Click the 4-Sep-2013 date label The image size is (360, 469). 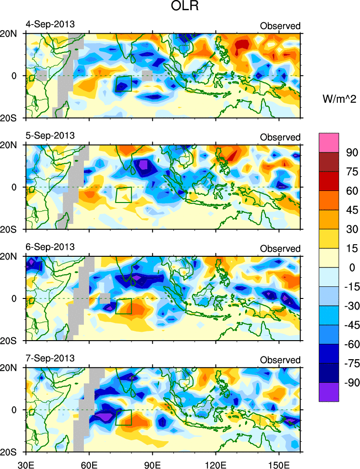(x=50, y=24)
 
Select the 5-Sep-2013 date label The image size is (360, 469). (x=50, y=136)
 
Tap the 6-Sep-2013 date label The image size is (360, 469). (x=50, y=247)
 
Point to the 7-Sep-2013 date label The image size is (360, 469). (x=50, y=359)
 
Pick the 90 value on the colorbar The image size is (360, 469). (x=350, y=152)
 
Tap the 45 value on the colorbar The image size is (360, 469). (x=350, y=209)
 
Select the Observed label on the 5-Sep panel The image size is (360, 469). (x=280, y=138)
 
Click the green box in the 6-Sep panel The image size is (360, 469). (x=124, y=306)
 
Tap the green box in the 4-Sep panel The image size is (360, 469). (x=124, y=83)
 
